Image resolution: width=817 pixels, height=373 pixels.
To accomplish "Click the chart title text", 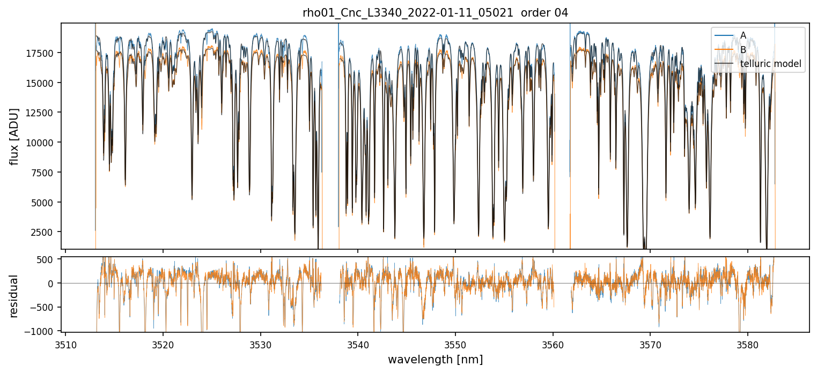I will pyautogui.click(x=435, y=13).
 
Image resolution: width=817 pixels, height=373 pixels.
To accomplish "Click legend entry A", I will pyautogui.click(x=743, y=35).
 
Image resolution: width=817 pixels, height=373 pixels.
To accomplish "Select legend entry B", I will pyautogui.click(x=743, y=50).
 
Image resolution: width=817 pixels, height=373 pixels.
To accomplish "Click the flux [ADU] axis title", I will pyautogui.click(x=14, y=136).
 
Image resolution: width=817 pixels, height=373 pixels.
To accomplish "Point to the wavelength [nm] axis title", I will pyautogui.click(x=435, y=359).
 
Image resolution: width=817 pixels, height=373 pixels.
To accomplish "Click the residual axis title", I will pyautogui.click(x=14, y=295).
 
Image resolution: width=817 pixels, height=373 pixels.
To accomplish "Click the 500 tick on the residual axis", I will pyautogui.click(x=50, y=259).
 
